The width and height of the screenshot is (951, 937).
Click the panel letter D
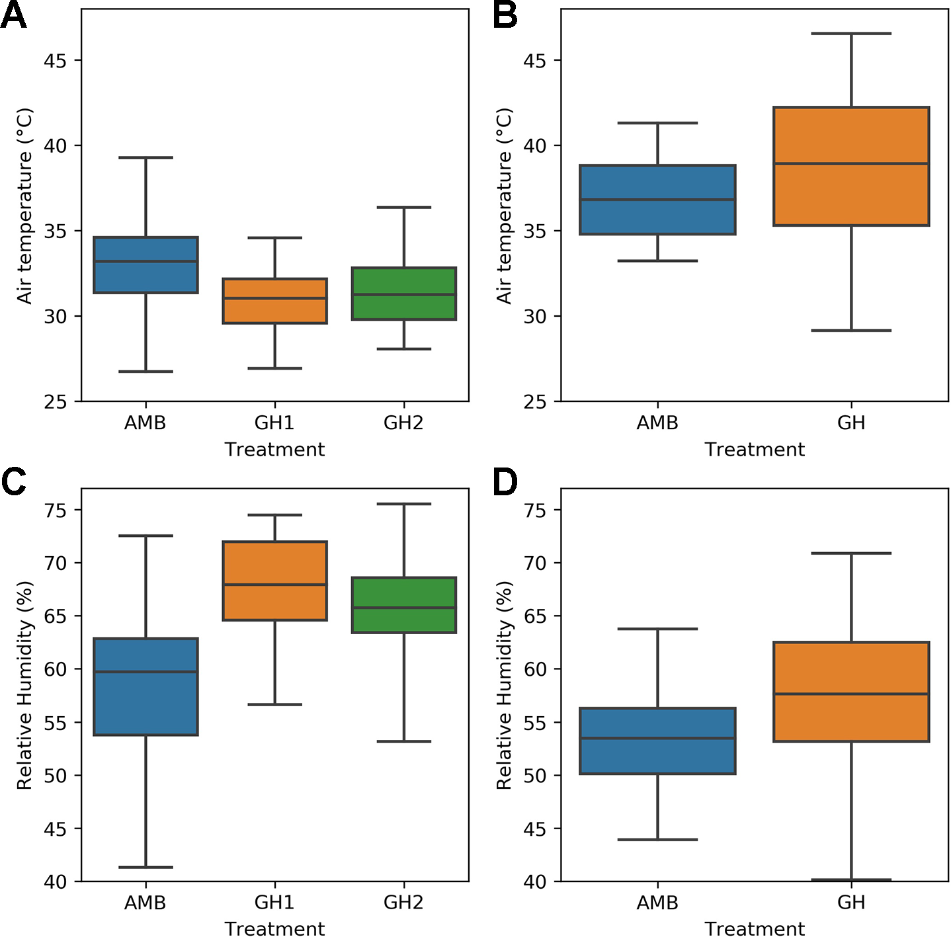click(505, 482)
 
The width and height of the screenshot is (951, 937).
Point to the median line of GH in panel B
click(851, 163)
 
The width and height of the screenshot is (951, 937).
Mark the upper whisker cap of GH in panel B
click(851, 34)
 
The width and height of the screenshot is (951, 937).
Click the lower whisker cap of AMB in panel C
click(145, 867)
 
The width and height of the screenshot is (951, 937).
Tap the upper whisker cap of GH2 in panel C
click(403, 504)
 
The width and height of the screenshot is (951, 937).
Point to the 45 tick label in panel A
click(55, 61)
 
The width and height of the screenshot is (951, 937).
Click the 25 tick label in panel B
click(534, 402)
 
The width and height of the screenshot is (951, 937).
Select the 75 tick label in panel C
click(55, 510)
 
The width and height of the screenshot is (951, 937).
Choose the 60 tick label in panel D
click(534, 669)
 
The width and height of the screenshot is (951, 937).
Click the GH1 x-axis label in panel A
click(274, 423)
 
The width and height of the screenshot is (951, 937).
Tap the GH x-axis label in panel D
click(851, 903)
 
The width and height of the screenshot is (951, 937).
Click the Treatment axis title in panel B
click(755, 450)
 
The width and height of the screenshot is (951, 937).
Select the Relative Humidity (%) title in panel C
click(24, 685)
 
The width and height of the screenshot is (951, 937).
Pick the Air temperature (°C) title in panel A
click(24, 206)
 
